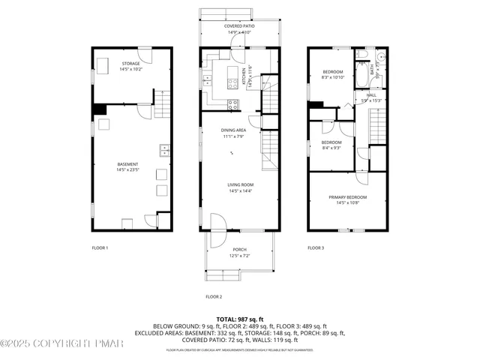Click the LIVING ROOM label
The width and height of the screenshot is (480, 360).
click(x=241, y=187)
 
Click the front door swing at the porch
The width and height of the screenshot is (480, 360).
click(x=217, y=223)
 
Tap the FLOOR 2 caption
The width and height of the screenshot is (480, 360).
click(x=214, y=297)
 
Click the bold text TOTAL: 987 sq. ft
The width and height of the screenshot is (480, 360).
click(x=239, y=319)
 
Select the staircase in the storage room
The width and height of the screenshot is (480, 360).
click(x=163, y=99)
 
